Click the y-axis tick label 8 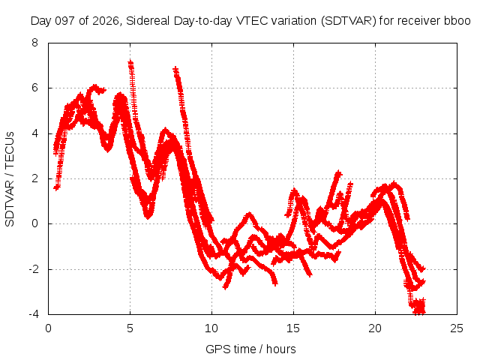pos(34,43)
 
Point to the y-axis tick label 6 pos(34,88)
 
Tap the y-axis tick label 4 pos(34,133)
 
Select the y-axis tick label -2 pos(33,269)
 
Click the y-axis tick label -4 pos(33,314)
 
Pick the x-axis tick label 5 pos(130,328)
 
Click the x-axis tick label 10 pos(211,328)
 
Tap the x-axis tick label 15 pos(293,328)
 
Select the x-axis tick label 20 pos(375,328)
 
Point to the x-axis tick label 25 pos(457,328)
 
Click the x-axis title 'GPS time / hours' pos(250,349)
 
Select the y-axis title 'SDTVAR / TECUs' pos(10,179)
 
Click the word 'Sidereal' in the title pos(148,21)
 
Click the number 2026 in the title pos(106,21)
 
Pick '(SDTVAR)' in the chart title pos(348,21)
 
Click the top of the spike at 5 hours pos(130,62)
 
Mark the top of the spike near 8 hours pos(175,69)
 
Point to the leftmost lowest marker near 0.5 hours pos(56,187)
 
